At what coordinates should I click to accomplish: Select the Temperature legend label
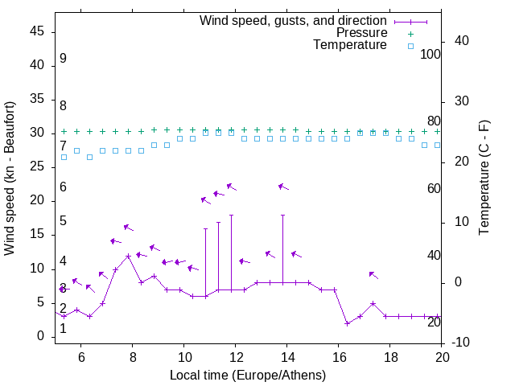pyautogui.click(x=350, y=46)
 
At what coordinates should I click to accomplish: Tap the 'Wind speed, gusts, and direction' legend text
pyautogui.click(x=294, y=20)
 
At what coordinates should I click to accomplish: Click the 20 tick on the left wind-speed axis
pyautogui.click(x=37, y=201)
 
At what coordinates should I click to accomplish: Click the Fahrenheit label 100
pyautogui.click(x=431, y=55)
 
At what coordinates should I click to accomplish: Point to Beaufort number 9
pyautogui.click(x=63, y=60)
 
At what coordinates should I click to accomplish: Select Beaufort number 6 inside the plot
pyautogui.click(x=63, y=187)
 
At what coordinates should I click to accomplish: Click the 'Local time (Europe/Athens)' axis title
pyautogui.click(x=248, y=375)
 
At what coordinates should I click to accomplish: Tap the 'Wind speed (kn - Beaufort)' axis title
pyautogui.click(x=10, y=179)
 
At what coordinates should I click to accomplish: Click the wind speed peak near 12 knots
pyautogui.click(x=129, y=257)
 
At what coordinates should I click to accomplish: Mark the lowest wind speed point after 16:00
pyautogui.click(x=347, y=323)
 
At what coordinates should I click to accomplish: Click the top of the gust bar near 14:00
pyautogui.click(x=282, y=216)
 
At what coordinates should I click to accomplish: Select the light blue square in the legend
pyautogui.click(x=410, y=46)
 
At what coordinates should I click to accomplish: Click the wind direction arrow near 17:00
pyautogui.click(x=373, y=275)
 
